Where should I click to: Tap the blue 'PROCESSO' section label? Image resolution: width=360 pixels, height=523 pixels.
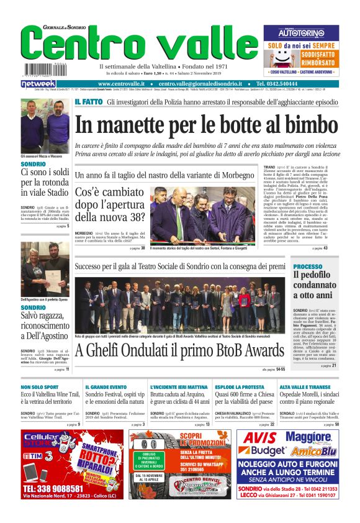pos(308,266)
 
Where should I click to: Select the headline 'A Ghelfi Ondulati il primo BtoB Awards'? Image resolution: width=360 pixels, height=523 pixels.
pos(180,351)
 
